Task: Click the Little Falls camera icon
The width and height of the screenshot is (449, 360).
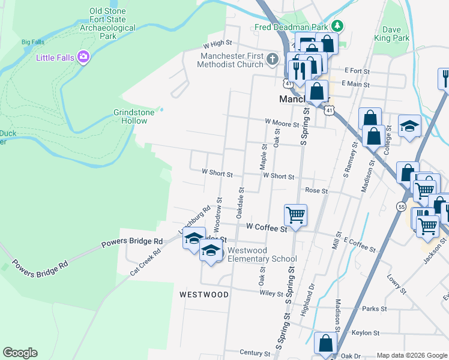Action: pos(83,57)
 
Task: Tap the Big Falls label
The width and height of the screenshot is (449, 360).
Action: pos(34,42)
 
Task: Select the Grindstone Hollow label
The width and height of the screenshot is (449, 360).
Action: pos(130,116)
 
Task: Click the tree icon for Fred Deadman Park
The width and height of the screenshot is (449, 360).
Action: pos(338,26)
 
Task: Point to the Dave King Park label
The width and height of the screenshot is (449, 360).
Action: pos(396,34)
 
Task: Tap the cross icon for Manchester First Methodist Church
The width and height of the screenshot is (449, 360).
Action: pos(273,59)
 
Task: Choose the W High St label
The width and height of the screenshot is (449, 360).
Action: pos(217,44)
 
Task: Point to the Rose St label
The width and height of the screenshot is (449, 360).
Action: pos(316,191)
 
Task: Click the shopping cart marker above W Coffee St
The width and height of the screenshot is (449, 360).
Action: pos(295,214)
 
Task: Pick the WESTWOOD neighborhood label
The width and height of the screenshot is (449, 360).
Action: pos(204,295)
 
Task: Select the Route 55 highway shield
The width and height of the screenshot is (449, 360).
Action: pos(400,206)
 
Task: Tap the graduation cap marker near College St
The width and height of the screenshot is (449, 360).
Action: pos(410,126)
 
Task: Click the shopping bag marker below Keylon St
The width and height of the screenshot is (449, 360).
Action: pos(325,343)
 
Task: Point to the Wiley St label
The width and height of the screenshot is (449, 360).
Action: pos(271,294)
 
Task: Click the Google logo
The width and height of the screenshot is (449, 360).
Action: pos(20,353)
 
